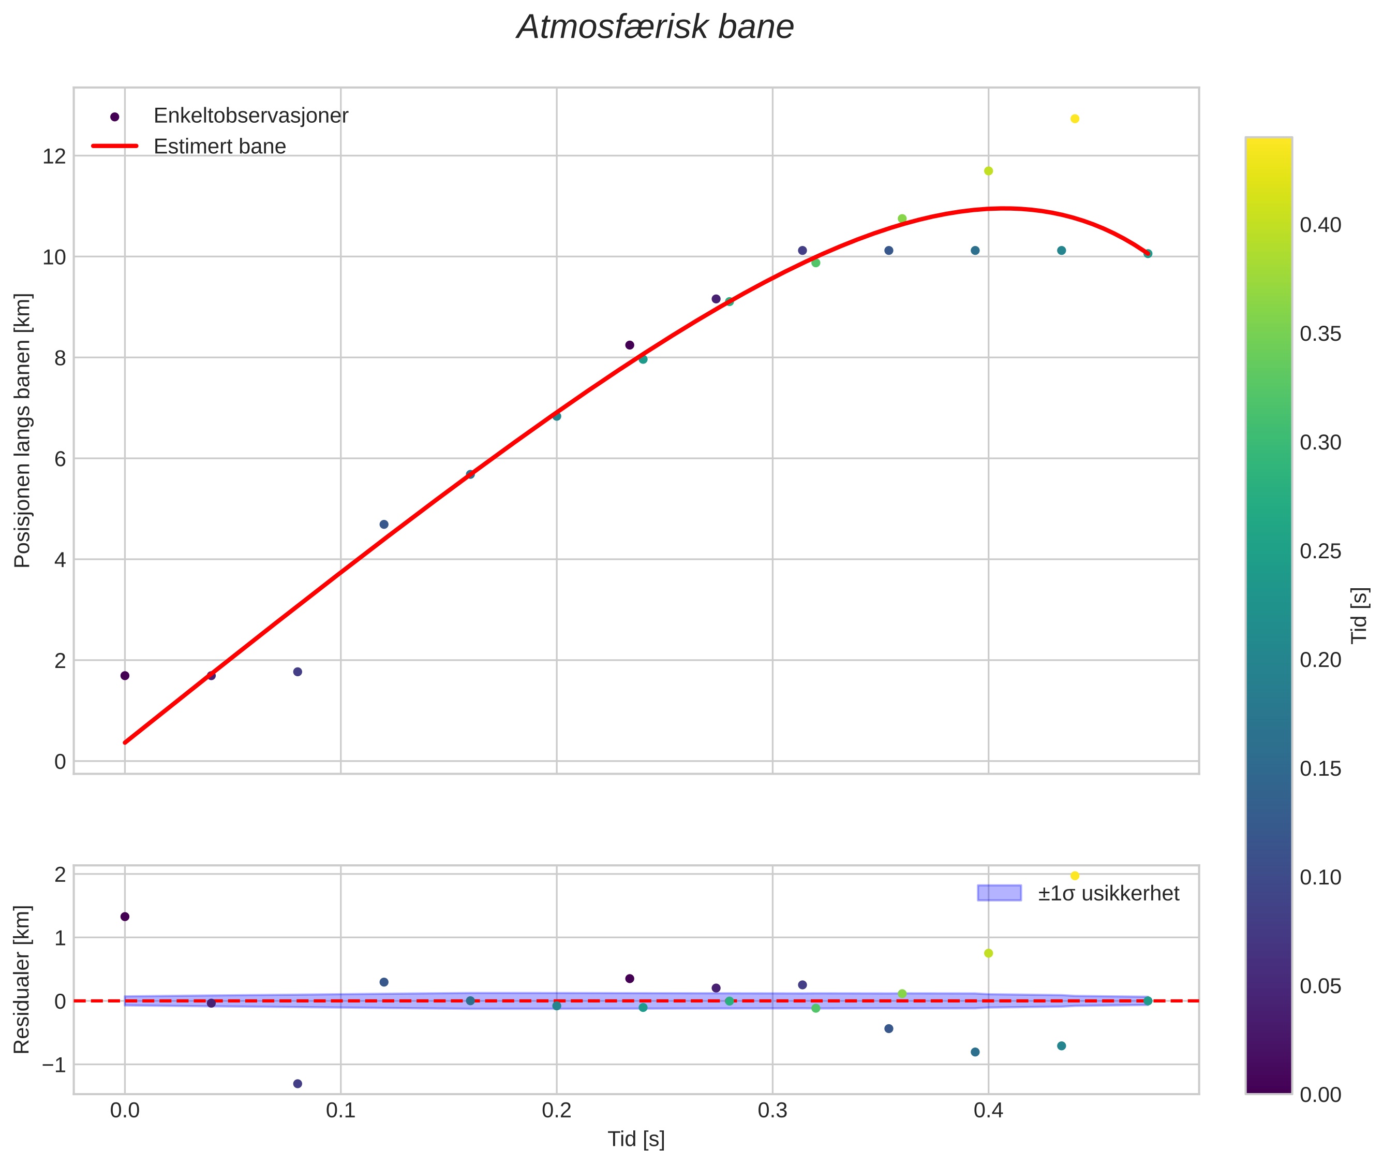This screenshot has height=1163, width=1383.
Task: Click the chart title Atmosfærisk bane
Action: click(655, 27)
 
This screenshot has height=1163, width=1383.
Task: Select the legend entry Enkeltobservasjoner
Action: click(250, 116)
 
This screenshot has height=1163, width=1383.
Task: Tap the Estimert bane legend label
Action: click(219, 147)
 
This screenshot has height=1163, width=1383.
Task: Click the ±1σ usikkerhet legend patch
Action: click(999, 893)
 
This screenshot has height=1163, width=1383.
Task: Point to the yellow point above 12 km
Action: click(1075, 119)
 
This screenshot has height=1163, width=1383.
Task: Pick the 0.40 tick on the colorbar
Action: click(1320, 225)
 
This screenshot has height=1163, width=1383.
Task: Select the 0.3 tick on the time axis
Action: click(772, 1110)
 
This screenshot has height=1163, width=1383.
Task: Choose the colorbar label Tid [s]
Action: click(1359, 615)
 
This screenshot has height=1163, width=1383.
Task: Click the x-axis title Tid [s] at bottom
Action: click(636, 1139)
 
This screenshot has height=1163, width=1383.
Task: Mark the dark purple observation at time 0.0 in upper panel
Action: click(125, 676)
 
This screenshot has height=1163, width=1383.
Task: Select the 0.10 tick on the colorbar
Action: click(1320, 878)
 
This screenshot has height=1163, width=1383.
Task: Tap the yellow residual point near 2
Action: click(1075, 876)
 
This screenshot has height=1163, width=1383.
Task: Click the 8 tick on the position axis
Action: click(60, 358)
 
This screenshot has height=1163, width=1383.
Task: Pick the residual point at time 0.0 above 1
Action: click(125, 917)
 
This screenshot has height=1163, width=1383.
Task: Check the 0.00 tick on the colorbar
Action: click(1320, 1095)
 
